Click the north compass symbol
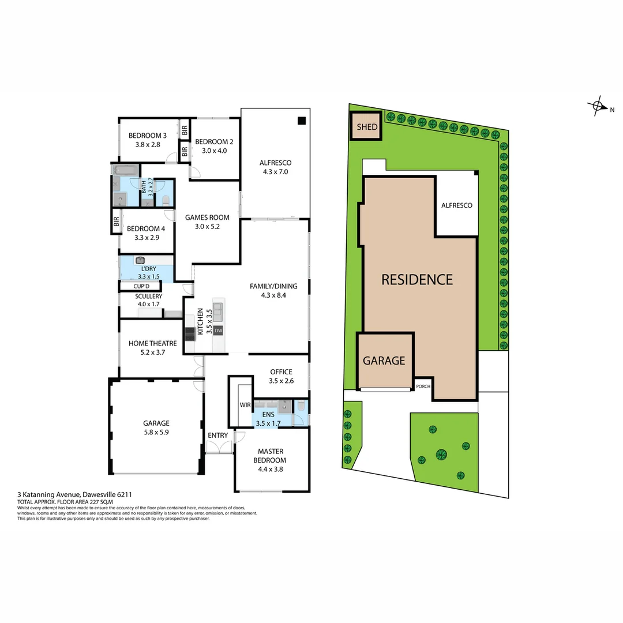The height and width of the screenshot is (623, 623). (x=597, y=106)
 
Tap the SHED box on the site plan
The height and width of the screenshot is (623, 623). (x=367, y=127)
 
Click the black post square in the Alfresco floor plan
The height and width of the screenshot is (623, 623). (x=301, y=121)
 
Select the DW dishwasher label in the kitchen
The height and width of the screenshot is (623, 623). (x=218, y=331)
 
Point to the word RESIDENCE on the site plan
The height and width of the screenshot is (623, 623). (x=417, y=280)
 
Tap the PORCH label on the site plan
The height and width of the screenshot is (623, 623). (x=423, y=386)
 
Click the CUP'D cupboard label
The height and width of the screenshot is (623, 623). (x=141, y=286)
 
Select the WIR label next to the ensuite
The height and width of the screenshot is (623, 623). (x=245, y=405)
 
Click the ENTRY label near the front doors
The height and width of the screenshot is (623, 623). (x=218, y=436)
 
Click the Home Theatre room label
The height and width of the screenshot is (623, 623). (x=152, y=343)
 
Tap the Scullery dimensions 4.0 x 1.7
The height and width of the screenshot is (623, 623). (x=149, y=304)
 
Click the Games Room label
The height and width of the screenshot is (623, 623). (x=207, y=217)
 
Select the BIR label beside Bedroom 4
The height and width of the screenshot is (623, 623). (x=116, y=221)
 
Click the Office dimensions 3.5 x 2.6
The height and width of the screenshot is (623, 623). (x=281, y=381)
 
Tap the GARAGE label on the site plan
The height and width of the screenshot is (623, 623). (x=384, y=361)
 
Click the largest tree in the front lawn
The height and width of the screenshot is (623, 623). (x=442, y=455)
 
